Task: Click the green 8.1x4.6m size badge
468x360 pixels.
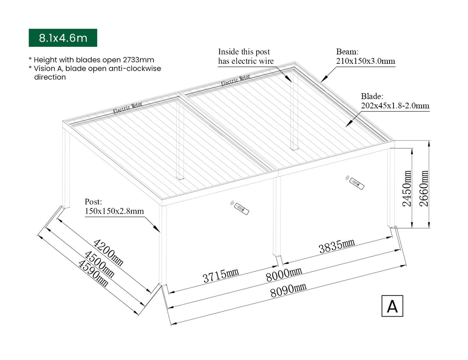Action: pyautogui.click(x=63, y=38)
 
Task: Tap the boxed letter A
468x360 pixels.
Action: pyautogui.click(x=392, y=306)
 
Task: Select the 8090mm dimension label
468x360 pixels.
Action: pyautogui.click(x=288, y=290)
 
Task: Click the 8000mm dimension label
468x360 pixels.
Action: pyautogui.click(x=284, y=274)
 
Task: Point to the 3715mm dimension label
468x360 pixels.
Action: pyautogui.click(x=221, y=275)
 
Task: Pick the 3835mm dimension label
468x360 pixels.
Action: pyautogui.click(x=337, y=246)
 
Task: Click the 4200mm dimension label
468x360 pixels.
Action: pyautogui.click(x=108, y=252)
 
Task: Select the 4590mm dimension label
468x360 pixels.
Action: pyautogui.click(x=93, y=273)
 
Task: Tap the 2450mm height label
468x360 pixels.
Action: pyautogui.click(x=407, y=188)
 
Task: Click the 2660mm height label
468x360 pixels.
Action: pyautogui.click(x=424, y=188)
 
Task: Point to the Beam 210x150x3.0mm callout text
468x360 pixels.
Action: pyautogui.click(x=366, y=56)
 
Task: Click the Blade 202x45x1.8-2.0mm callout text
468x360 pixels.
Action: pyautogui.click(x=395, y=101)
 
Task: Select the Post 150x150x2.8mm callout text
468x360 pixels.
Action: pyautogui.click(x=114, y=206)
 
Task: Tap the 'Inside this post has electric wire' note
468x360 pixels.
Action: pyautogui.click(x=246, y=56)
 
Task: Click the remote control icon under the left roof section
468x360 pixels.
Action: pyautogui.click(x=240, y=208)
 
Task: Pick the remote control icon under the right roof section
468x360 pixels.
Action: pyautogui.click(x=355, y=182)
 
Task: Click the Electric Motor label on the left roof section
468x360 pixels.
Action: pyautogui.click(x=127, y=108)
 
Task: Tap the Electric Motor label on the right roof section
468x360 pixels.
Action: pyautogui.click(x=235, y=80)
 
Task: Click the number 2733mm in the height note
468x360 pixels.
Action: pyautogui.click(x=139, y=60)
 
